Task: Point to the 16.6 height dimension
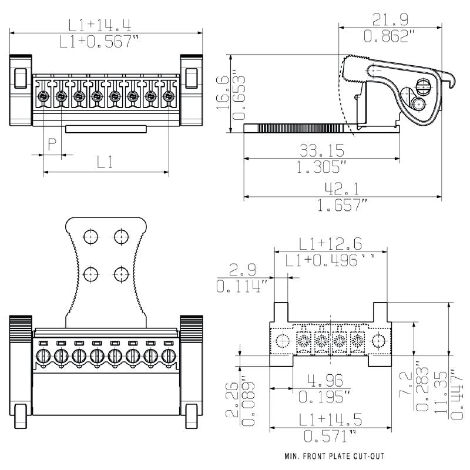(x=221, y=92)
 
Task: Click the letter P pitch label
(x=52, y=145)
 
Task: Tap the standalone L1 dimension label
(x=105, y=163)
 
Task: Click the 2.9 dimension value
(x=243, y=270)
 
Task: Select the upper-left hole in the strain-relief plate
(x=90, y=236)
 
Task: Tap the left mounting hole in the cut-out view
(x=283, y=341)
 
